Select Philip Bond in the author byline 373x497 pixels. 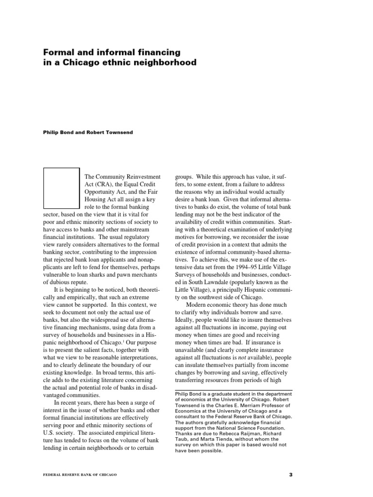(58, 133)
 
